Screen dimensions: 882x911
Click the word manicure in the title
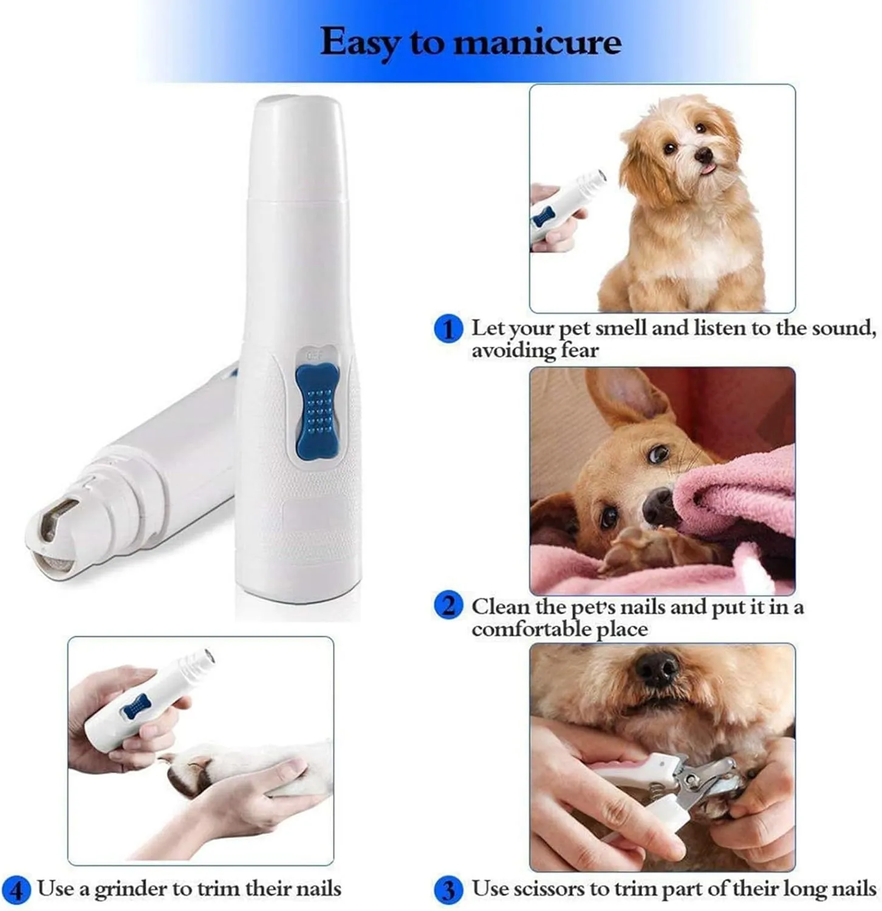pos(538,42)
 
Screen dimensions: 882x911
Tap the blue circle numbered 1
pos(448,329)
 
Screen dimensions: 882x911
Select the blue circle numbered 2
pos(448,606)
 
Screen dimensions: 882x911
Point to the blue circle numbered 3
pos(448,890)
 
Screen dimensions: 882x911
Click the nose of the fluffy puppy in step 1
pos(703,155)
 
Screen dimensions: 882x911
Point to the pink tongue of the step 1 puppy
pos(707,168)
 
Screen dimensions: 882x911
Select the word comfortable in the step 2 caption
pos(532,629)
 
